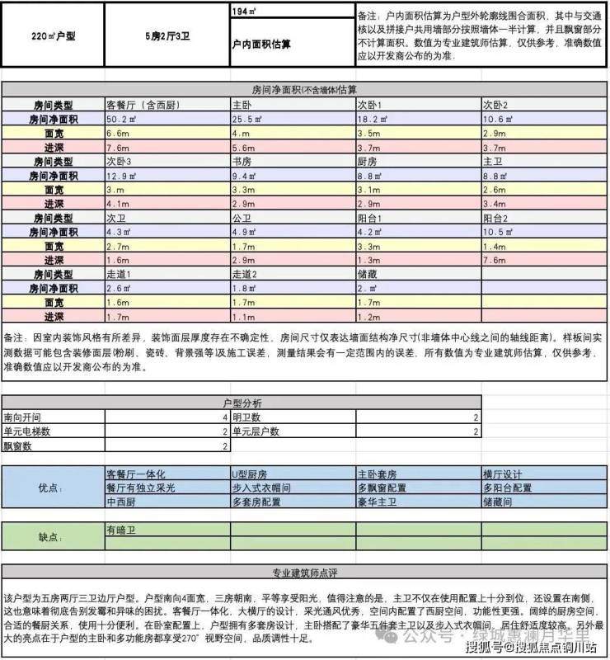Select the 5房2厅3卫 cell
tap(167, 37)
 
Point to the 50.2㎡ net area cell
tap(121, 120)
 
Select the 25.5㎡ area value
tap(247, 120)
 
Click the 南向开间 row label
tap(21, 417)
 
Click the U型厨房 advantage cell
tap(250, 475)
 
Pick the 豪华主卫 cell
tap(375, 502)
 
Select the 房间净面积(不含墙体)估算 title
tap(304, 88)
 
